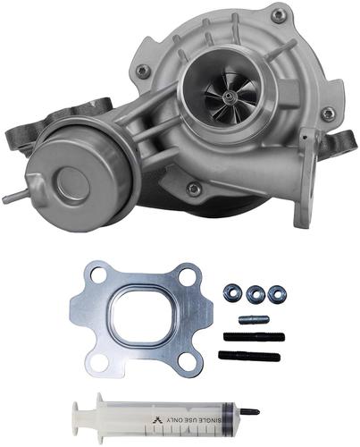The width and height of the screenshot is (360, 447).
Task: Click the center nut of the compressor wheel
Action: [x=229, y=96]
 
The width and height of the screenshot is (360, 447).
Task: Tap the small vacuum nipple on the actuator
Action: [x=14, y=197]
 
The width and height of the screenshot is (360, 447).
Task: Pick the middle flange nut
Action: [x=255, y=293]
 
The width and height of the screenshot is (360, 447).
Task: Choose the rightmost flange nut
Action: [x=275, y=293]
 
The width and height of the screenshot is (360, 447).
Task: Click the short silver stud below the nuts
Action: [x=254, y=320]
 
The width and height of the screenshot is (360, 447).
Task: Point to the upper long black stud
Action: [x=254, y=337]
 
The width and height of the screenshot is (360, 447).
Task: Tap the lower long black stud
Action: [x=249, y=355]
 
